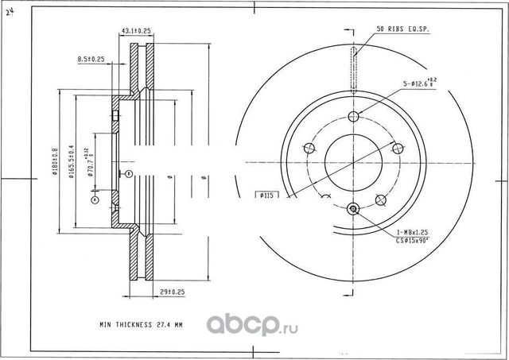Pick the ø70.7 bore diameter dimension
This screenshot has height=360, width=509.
[x=91, y=168]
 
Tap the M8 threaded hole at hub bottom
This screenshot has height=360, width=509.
[x=355, y=209]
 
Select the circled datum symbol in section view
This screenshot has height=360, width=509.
[x=95, y=200]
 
